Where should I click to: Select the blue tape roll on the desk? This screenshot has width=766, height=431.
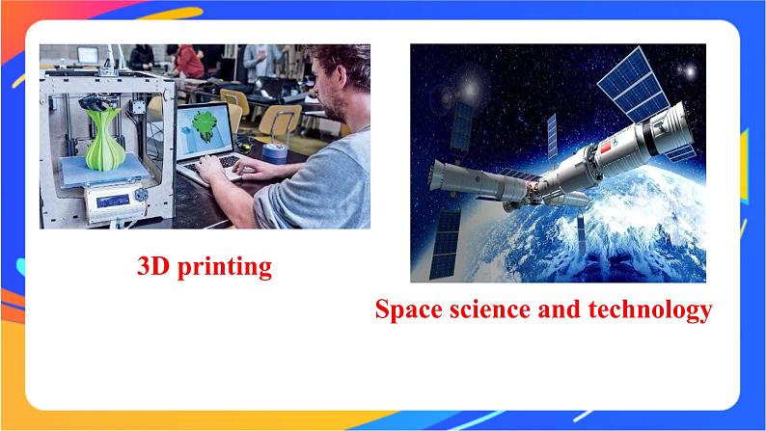click(x=273, y=149)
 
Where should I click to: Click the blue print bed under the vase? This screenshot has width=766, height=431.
click(x=96, y=174)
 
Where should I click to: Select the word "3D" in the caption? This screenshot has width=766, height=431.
click(x=154, y=266)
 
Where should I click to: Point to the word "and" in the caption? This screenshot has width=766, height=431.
click(x=561, y=310)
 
